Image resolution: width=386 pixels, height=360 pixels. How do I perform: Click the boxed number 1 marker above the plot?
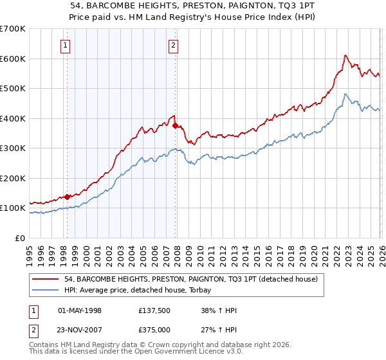pyautogui.click(x=66, y=45)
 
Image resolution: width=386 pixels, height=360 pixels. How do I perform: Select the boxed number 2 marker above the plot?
pyautogui.click(x=174, y=45)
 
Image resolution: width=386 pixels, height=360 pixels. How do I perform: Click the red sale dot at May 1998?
pyautogui.click(x=67, y=197)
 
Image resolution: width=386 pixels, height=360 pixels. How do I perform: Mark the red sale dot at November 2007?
pyautogui.click(x=176, y=126)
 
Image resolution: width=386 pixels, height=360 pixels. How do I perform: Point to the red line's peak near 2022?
pyautogui.click(x=345, y=55)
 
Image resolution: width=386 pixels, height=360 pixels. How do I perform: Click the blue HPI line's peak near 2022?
pyautogui.click(x=345, y=94)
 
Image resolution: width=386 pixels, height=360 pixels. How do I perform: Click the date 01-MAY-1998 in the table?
pyautogui.click(x=80, y=310)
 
